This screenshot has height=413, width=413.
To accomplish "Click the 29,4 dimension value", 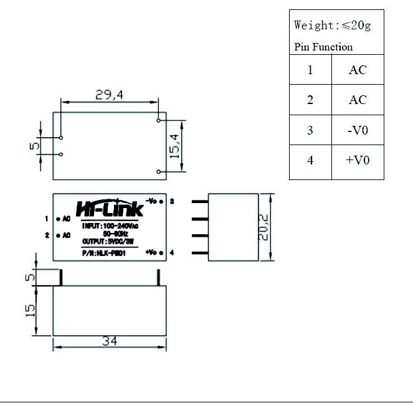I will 109,95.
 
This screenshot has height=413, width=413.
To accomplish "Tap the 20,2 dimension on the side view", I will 265,228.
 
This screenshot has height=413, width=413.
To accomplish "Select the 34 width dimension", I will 110,341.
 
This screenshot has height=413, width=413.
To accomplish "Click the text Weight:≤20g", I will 332,26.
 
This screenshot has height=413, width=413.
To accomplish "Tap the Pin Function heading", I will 323,47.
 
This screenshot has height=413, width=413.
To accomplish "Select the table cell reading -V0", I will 358,130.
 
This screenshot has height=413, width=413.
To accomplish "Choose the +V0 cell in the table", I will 358,160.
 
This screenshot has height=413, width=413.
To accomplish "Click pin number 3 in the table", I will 310,130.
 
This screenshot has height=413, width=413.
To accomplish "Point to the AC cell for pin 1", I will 358,70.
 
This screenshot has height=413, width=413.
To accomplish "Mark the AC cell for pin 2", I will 358,100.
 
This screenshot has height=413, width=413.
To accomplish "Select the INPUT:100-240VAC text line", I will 110,225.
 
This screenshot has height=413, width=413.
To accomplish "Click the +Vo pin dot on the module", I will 162,252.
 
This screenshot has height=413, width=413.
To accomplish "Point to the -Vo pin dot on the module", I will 162,201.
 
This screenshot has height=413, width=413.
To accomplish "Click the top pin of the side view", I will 200,201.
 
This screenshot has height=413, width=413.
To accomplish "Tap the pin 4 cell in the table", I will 310,160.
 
